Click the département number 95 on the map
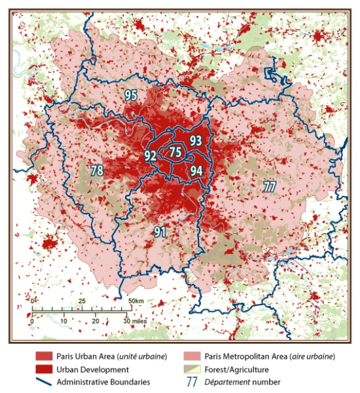(x=131, y=96)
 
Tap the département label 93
(x=196, y=140)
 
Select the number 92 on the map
(x=151, y=156)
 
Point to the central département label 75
(x=175, y=153)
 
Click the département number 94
(x=196, y=170)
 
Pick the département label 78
(x=98, y=171)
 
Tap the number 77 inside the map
(x=268, y=185)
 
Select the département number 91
(x=160, y=231)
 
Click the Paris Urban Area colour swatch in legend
(x=44, y=356)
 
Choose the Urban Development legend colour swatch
(x=44, y=369)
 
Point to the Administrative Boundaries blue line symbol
(x=44, y=381)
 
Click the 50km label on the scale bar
(x=136, y=301)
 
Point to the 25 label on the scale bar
(x=82, y=301)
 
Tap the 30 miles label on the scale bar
(x=137, y=322)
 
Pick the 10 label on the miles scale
(x=64, y=322)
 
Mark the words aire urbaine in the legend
(x=312, y=356)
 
